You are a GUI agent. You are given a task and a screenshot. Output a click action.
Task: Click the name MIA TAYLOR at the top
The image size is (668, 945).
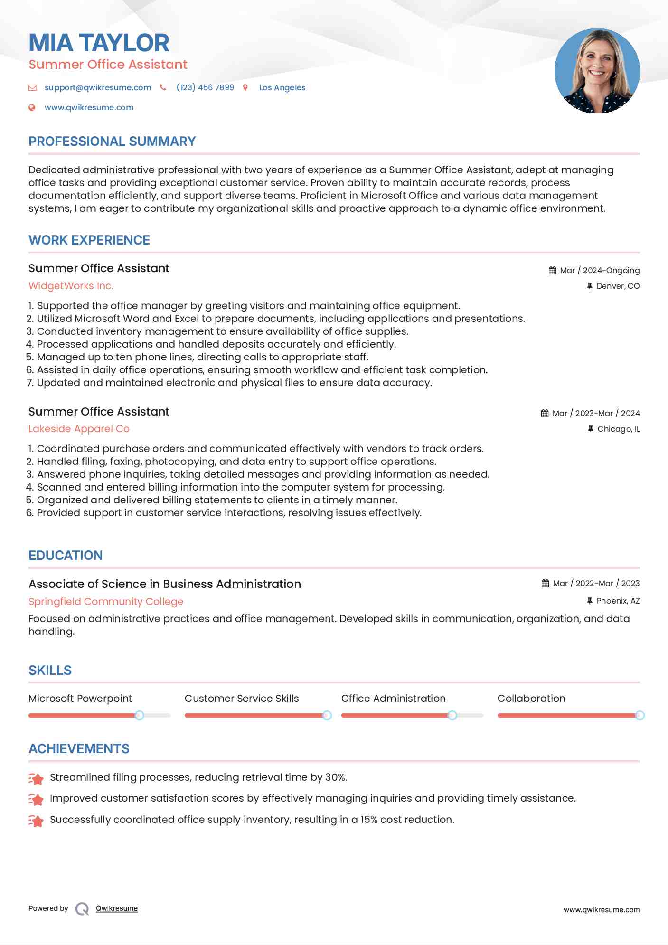pos(99,43)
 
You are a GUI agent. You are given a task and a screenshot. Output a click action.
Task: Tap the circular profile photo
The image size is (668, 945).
pos(597,71)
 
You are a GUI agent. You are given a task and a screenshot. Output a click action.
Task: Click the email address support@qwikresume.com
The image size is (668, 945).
pos(98,87)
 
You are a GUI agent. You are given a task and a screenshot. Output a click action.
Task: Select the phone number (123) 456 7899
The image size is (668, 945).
pos(205,87)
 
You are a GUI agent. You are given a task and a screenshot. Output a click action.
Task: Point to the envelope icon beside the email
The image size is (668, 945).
pos(32,87)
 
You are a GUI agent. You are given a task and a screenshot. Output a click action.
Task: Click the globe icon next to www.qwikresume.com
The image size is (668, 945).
pos(32,107)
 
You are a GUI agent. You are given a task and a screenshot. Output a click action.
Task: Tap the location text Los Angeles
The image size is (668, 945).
pos(282,87)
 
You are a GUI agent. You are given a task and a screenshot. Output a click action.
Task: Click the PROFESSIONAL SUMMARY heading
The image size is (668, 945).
pos(112,142)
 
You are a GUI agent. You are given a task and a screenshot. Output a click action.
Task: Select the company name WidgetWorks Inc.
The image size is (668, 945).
pos(71,286)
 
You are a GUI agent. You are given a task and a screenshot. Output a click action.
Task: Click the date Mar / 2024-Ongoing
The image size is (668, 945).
pos(600,270)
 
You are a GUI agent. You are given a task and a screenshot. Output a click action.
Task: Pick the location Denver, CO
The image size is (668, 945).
pos(618,286)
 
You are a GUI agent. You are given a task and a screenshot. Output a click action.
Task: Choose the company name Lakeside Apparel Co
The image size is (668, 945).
pos(79,429)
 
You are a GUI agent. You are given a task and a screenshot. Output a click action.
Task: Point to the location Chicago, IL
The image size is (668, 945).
pos(618,429)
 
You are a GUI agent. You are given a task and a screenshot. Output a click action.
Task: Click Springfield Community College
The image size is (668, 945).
pos(106,601)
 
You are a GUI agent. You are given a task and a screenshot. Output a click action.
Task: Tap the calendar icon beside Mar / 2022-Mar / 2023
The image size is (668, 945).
pos(545,583)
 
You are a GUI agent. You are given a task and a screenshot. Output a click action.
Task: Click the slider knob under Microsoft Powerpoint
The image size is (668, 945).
pos(139,715)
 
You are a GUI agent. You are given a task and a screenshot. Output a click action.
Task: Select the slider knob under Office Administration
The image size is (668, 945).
pos(452,715)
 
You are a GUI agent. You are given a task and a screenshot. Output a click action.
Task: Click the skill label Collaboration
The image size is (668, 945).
pos(531,698)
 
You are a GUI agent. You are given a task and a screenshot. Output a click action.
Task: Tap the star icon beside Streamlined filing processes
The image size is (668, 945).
pos(36,778)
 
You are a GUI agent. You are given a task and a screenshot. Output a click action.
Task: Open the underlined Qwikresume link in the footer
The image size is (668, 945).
pos(117,908)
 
